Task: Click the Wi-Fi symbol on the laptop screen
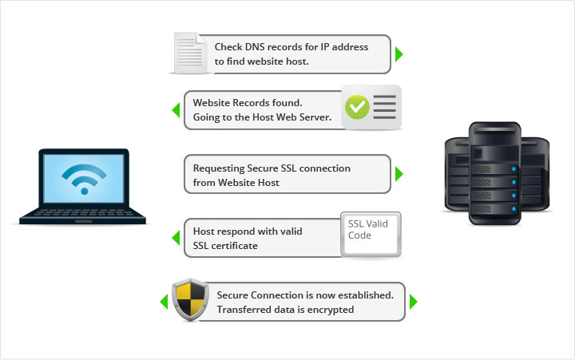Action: (85, 179)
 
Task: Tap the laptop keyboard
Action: (83, 213)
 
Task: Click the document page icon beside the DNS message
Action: (190, 53)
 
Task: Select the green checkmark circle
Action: (357, 107)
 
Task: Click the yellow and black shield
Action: (190, 299)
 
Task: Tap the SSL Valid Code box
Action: (371, 234)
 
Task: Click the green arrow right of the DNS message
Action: (399, 54)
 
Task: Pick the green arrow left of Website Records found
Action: (176, 110)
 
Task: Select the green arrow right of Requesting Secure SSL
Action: (399, 173)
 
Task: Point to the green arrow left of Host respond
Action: (176, 238)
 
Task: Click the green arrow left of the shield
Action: (164, 302)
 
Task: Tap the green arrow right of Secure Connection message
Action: (414, 302)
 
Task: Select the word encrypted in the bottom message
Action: (331, 310)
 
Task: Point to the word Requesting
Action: (219, 168)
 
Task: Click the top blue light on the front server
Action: (514, 169)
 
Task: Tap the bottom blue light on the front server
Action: (514, 209)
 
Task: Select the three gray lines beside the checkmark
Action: (384, 107)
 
